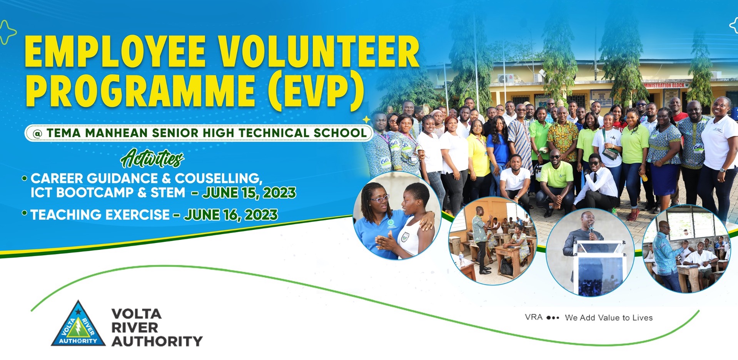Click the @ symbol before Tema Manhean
[x=37, y=134]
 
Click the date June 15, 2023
[x=249, y=193]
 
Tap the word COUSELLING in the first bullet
[x=219, y=179]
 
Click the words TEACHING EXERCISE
[x=100, y=215]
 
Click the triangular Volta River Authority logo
[x=78, y=325]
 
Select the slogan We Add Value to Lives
[x=609, y=318]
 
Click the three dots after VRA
[x=553, y=318]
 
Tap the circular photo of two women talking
[x=397, y=216]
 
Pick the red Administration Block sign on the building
[x=665, y=85]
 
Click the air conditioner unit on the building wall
[x=505, y=78]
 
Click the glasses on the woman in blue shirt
[x=379, y=199]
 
